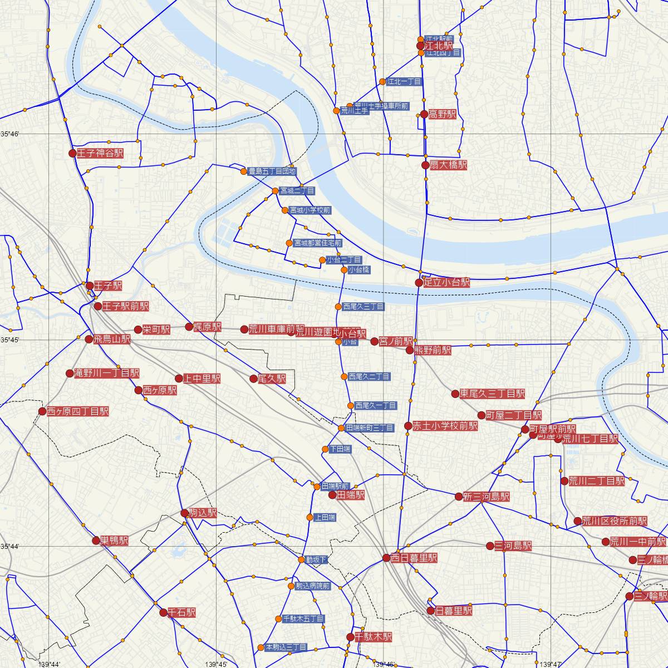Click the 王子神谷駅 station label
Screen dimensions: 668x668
tap(100, 153)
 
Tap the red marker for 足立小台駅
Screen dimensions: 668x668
tap(419, 283)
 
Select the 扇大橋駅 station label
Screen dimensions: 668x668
tap(448, 165)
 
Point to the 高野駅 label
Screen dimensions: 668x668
tap(443, 115)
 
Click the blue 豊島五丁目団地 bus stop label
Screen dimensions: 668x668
tap(272, 171)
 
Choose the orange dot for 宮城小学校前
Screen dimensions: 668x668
tap(285, 210)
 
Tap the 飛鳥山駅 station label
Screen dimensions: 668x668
tap(112, 339)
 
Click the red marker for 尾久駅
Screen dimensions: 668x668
tap(254, 379)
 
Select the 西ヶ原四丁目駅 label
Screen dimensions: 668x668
tap(77, 412)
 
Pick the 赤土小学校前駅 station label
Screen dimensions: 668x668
tap(445, 426)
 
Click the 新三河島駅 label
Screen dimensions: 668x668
tap(486, 497)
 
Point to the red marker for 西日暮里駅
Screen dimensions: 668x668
tap(386, 558)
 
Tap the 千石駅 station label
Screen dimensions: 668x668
tap(182, 613)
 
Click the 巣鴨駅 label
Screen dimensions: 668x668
tap(114, 541)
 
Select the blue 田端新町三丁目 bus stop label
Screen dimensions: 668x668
tap(370, 428)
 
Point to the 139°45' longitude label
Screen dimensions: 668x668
tap(215, 664)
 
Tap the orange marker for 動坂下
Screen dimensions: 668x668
tap(301, 559)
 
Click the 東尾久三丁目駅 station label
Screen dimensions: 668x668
tap(492, 394)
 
